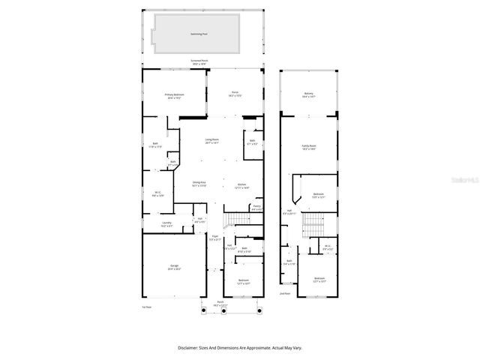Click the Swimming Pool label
tap(199, 34)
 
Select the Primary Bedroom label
tap(175, 95)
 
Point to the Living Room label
tap(212, 141)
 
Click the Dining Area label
tap(199, 184)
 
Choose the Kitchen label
tap(241, 186)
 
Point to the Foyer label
tap(214, 238)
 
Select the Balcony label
tap(308, 95)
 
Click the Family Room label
tap(308, 147)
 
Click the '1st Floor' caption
tap(147, 307)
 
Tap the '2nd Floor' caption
tap(285, 293)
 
